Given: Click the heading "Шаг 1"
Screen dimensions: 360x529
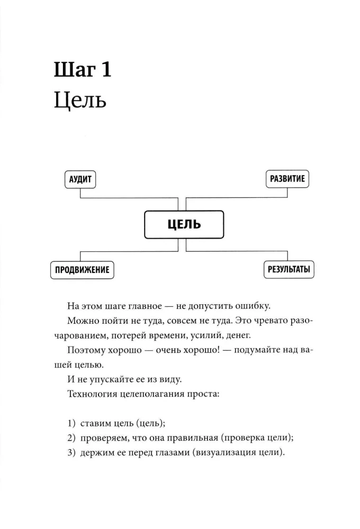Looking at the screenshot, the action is [x=83, y=70].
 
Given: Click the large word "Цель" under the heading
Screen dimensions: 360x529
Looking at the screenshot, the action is [x=80, y=100].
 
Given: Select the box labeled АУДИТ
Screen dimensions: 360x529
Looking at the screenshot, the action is [x=80, y=179].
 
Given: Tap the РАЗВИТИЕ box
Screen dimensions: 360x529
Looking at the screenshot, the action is [x=287, y=179].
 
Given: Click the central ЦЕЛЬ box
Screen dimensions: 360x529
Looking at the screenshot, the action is [x=184, y=224].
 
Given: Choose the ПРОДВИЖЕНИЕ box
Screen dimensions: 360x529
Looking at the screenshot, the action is [x=82, y=270].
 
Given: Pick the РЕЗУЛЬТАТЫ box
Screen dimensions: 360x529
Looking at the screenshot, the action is [x=289, y=269].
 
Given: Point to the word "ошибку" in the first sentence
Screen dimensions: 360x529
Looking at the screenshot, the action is [x=253, y=306].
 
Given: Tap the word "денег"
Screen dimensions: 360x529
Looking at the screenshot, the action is [x=238, y=335].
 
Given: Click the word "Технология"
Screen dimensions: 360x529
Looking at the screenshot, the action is [x=92, y=394].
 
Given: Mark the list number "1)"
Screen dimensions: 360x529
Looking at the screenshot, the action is [x=71, y=423].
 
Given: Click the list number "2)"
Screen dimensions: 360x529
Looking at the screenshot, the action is [x=71, y=438].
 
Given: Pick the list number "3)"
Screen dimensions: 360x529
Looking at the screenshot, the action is [x=71, y=452].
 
